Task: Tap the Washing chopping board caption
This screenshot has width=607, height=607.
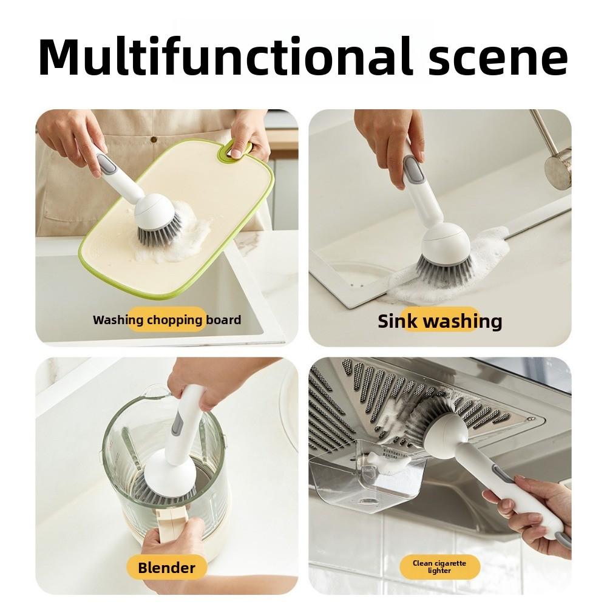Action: point(167,320)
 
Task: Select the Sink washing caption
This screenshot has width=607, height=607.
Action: point(439,320)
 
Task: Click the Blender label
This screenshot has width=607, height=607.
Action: point(166,568)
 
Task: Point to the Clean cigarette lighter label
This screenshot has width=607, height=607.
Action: point(439,567)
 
